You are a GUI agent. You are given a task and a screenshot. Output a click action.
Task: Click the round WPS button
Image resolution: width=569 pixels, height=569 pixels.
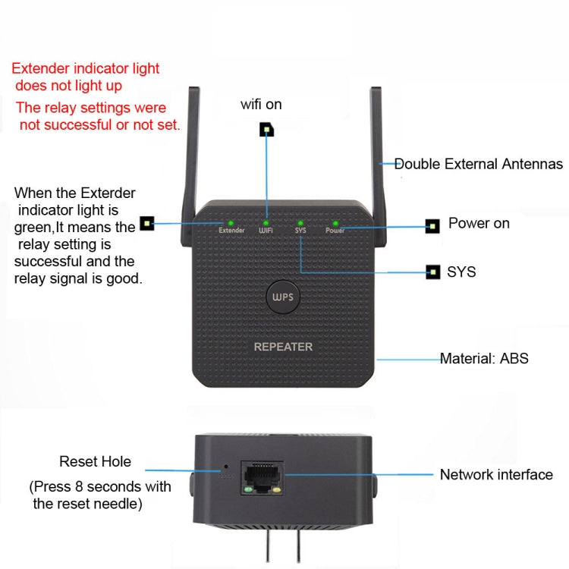(x=282, y=297)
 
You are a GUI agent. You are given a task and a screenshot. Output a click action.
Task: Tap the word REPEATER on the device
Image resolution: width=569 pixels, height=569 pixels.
(x=283, y=347)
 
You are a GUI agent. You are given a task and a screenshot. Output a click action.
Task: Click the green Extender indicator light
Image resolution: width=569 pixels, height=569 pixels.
(x=231, y=222)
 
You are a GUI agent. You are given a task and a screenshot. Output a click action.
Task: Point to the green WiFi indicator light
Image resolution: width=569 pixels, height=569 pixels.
(x=266, y=222)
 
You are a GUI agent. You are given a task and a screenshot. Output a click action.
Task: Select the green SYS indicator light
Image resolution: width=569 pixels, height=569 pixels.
(x=300, y=222)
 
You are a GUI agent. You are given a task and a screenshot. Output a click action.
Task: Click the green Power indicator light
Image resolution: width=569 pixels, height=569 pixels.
(x=335, y=223)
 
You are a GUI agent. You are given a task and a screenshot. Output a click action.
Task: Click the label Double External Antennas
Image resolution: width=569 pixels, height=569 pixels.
(x=478, y=164)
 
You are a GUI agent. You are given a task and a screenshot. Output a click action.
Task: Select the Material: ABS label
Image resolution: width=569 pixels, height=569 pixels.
(x=484, y=358)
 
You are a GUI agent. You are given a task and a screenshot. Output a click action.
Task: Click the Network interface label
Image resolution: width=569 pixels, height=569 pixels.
(x=496, y=475)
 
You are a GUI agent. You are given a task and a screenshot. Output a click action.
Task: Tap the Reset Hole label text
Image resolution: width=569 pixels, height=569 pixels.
(x=95, y=461)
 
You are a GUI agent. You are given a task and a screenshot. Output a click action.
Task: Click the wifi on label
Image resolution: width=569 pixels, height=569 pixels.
(x=261, y=104)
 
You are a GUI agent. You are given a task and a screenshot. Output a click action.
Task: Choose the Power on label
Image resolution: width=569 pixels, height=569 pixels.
(x=479, y=223)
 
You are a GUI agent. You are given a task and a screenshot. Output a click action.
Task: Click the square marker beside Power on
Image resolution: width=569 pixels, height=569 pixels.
(x=432, y=225)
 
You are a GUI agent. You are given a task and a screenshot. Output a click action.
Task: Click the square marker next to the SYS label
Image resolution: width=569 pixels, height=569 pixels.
(x=433, y=271)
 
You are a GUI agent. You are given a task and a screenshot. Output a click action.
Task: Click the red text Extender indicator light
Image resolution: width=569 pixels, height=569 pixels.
(x=86, y=69)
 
